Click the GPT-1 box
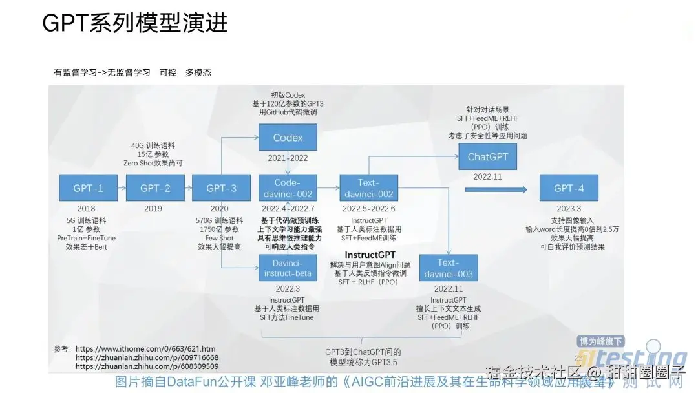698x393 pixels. point(88,188)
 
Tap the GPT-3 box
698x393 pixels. point(220,188)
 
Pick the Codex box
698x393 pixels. point(288,138)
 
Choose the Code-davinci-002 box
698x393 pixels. point(288,188)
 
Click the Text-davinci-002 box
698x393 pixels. point(368,188)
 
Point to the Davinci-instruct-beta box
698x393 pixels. point(288,268)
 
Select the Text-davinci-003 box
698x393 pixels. point(449,268)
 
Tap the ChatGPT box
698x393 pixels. point(487,157)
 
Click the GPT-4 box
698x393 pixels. point(569,188)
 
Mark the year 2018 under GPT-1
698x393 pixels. point(86,209)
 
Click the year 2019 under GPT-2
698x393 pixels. point(153,209)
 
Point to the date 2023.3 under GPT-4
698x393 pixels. point(569,209)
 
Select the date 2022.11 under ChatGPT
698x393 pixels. point(487,176)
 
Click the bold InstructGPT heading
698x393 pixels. point(370,255)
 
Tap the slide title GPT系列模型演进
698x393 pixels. point(135,23)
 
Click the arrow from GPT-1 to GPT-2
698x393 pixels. point(120,188)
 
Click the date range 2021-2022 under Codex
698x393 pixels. point(288,158)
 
